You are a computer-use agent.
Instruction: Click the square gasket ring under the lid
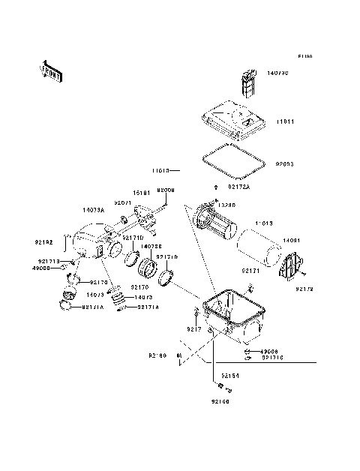point(234,161)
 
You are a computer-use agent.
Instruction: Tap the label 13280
point(228,204)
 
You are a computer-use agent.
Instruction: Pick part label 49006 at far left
point(42,268)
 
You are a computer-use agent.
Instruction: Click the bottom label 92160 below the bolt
point(220,401)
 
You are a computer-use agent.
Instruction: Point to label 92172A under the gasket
point(238,186)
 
